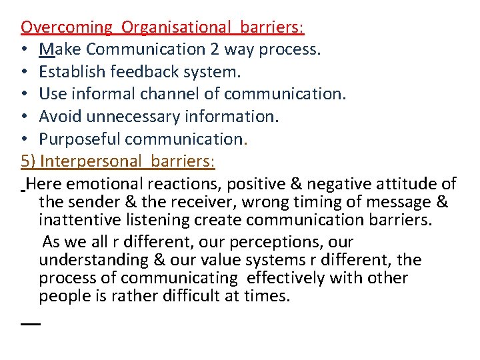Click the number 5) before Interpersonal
tap(29, 161)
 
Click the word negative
tap(343, 183)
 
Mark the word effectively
tap(293, 277)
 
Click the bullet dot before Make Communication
tap(25, 50)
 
